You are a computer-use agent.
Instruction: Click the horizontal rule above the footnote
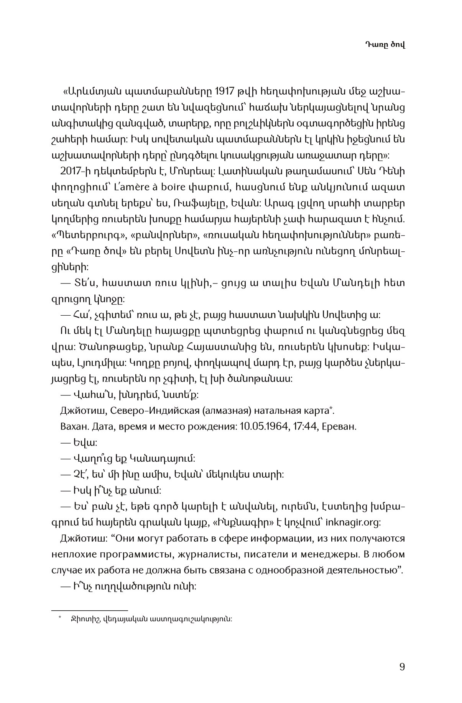(89, 610)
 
